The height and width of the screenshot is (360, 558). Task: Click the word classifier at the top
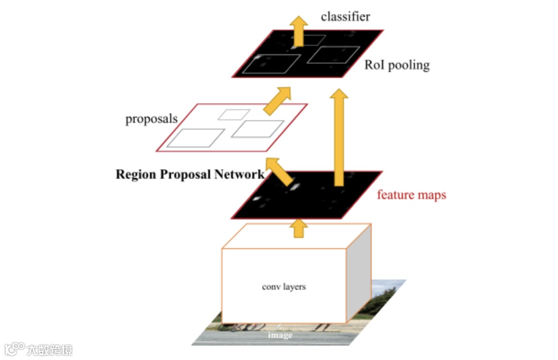click(345, 17)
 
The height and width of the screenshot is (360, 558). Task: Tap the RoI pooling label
click(397, 65)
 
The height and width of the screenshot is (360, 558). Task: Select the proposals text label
click(151, 119)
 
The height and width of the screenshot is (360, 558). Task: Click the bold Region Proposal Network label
click(190, 174)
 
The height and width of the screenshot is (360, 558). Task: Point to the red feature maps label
click(411, 195)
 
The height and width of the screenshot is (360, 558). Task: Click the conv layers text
click(284, 286)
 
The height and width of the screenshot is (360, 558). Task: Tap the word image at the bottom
click(280, 335)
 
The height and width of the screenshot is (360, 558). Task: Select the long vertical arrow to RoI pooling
click(339, 137)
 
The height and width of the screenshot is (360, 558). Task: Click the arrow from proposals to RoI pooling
click(277, 100)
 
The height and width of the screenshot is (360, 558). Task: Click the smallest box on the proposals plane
click(234, 114)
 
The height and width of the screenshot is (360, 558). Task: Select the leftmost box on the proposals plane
click(195, 138)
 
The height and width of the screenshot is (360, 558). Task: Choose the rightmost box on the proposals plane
click(257, 129)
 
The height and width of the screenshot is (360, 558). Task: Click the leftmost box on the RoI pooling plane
click(272, 63)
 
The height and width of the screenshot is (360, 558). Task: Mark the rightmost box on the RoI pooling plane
click(333, 55)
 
